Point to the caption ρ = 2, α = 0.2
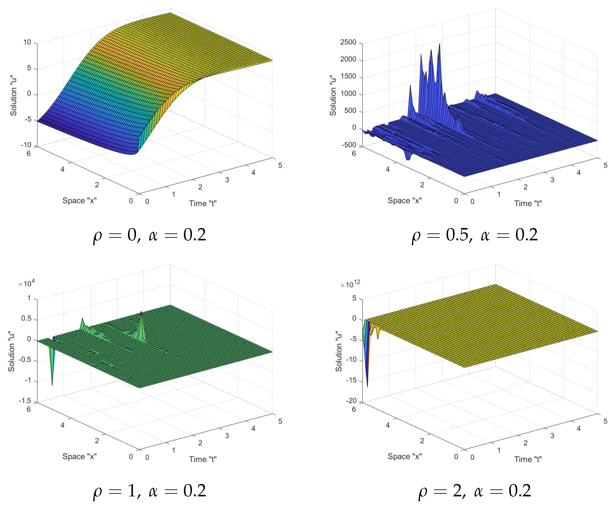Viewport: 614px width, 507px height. click(475, 491)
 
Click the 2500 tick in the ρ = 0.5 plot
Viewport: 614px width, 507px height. click(348, 42)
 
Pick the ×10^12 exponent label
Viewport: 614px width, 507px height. click(350, 284)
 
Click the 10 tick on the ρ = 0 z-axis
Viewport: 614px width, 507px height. click(27, 42)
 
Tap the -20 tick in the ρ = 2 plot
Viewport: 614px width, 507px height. click(351, 401)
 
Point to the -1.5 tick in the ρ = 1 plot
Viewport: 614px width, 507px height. click(25, 401)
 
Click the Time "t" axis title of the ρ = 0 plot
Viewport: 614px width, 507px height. click(203, 203)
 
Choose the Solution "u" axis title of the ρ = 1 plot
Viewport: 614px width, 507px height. click(11, 351)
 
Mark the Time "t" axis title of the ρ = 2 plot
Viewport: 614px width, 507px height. click(528, 459)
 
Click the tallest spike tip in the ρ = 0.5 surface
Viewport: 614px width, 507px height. click(440, 44)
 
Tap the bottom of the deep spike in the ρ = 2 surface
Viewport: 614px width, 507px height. click(367, 387)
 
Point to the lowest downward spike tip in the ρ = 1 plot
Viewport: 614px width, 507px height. click(52, 386)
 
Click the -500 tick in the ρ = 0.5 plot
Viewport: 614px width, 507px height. click(349, 145)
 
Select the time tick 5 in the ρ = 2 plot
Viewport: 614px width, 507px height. click(606, 421)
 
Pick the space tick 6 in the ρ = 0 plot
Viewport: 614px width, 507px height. click(29, 154)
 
